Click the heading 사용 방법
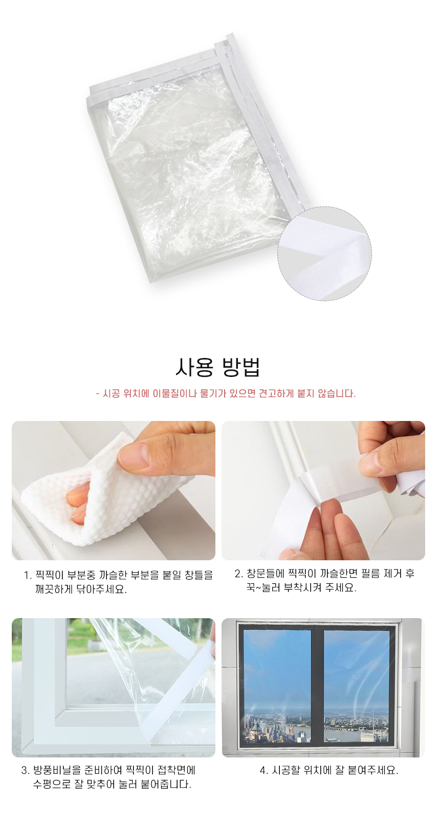(x=217, y=367)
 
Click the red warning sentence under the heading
(x=225, y=394)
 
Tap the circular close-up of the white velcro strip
(x=324, y=254)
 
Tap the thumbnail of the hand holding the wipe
(x=114, y=491)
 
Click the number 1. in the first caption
(x=28, y=576)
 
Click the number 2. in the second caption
(x=239, y=574)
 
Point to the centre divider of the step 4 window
(x=317, y=685)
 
